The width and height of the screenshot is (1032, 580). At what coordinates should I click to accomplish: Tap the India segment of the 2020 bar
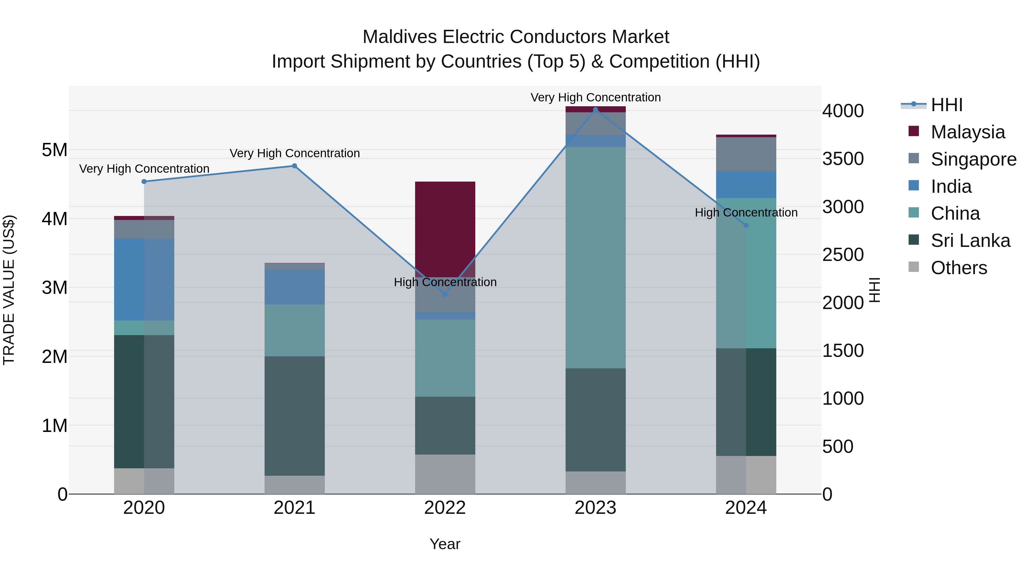[x=144, y=279]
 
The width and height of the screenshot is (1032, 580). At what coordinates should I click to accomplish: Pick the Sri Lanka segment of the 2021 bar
[x=294, y=416]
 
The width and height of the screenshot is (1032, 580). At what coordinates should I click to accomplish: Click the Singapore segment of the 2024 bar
[x=746, y=154]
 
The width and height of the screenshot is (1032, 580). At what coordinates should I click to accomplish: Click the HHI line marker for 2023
[x=595, y=110]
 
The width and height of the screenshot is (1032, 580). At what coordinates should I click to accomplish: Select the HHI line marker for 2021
[x=294, y=166]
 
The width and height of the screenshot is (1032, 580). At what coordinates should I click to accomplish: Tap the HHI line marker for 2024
[x=746, y=225]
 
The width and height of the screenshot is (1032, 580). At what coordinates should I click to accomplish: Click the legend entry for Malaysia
[x=967, y=132]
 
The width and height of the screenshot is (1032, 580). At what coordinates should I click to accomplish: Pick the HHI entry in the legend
[x=946, y=105]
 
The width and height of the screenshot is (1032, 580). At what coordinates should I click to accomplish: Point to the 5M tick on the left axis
[x=54, y=150]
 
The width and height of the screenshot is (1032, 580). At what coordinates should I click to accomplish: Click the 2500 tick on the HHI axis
[x=843, y=255]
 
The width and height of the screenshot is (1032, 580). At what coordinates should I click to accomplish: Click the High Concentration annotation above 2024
[x=746, y=213]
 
